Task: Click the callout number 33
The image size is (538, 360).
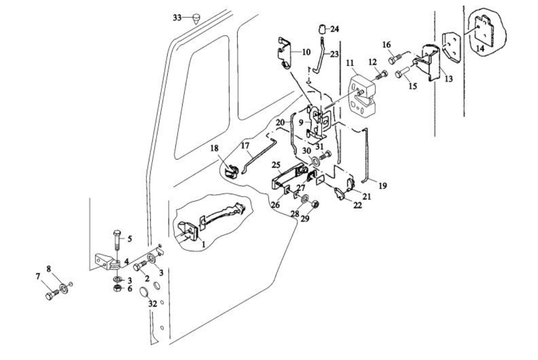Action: (x=177, y=17)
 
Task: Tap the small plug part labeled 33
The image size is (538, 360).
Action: (x=196, y=18)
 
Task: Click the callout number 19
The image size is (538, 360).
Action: (x=383, y=186)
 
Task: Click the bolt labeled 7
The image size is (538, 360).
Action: (x=51, y=295)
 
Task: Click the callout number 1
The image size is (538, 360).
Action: (x=203, y=245)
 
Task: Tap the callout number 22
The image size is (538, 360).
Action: (x=357, y=205)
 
